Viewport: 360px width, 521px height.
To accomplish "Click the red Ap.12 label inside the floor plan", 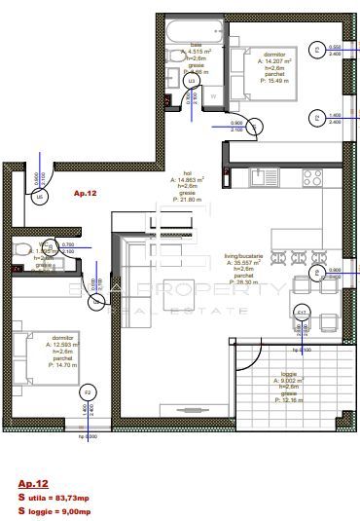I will pyautogui.click(x=86, y=195).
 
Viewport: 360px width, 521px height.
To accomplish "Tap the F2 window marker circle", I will pyautogui.click(x=88, y=392).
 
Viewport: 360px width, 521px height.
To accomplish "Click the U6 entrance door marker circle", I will pyautogui.click(x=40, y=196).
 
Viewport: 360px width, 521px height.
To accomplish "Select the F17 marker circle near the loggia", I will pyautogui.click(x=302, y=313).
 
